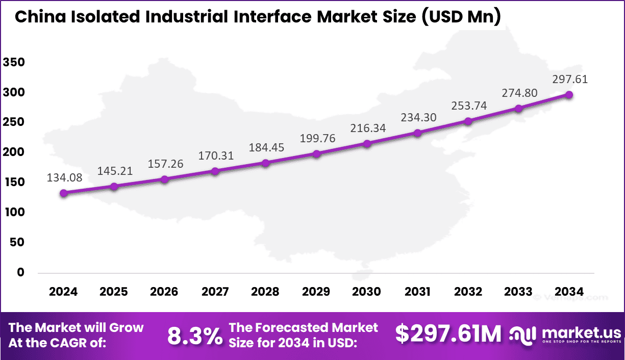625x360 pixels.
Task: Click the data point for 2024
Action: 63,193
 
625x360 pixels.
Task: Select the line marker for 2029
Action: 316,153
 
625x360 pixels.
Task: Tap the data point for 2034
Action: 569,95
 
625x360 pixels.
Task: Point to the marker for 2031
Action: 417,133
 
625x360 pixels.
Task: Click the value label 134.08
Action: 64,178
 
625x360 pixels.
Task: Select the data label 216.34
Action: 367,128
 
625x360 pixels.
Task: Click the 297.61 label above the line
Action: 569,80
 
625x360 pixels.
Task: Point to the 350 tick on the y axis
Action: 14,63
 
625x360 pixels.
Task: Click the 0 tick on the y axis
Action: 21,272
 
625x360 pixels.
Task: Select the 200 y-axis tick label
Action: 14,152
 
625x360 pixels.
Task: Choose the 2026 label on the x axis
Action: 164,292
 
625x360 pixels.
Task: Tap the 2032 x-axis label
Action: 468,292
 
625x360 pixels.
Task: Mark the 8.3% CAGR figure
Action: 195,336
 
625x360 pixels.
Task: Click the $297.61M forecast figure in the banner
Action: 448,334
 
